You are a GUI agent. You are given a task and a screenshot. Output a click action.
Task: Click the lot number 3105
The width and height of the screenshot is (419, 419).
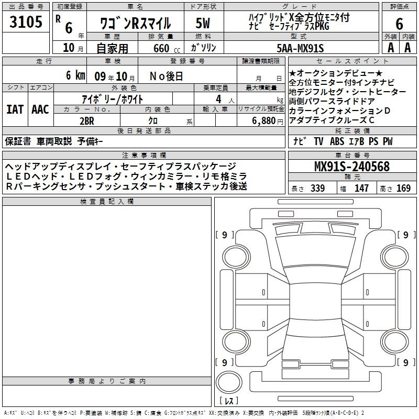pos(26,21)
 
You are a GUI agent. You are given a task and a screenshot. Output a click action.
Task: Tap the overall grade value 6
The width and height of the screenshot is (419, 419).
pos(399,24)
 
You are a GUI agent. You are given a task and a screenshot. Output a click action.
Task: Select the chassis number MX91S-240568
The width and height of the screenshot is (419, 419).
pos(352,167)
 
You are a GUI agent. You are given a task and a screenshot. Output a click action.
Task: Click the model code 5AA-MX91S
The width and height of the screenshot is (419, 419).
pos(300,48)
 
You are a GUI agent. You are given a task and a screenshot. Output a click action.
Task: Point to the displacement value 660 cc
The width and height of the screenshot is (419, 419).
pos(167,48)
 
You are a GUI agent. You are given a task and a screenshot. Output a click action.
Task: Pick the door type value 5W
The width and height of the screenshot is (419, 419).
pos(203,23)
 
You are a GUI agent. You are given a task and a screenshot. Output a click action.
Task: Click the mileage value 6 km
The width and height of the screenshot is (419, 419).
pos(75,75)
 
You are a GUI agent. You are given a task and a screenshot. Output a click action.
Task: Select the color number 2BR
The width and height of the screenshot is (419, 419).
pos(87,121)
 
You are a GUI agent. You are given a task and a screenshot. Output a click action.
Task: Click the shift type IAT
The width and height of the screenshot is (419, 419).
pos(15,109)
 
